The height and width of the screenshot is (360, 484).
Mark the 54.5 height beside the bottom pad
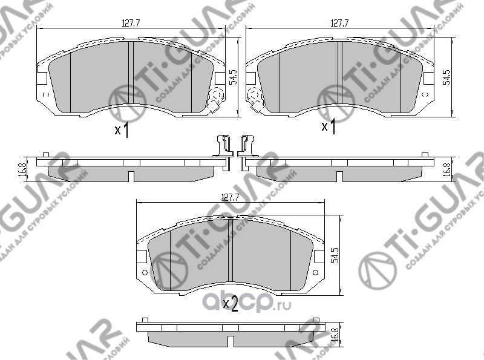click(335, 256)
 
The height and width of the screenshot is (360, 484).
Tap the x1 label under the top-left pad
click(122, 130)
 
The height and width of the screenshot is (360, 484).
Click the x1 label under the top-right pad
click(329, 126)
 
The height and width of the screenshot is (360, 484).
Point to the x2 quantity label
click(231, 303)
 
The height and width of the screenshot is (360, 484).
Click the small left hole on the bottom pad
click(144, 273)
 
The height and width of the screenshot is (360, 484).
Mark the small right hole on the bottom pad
click(318, 273)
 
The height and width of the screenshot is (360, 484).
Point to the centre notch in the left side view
click(131, 176)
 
